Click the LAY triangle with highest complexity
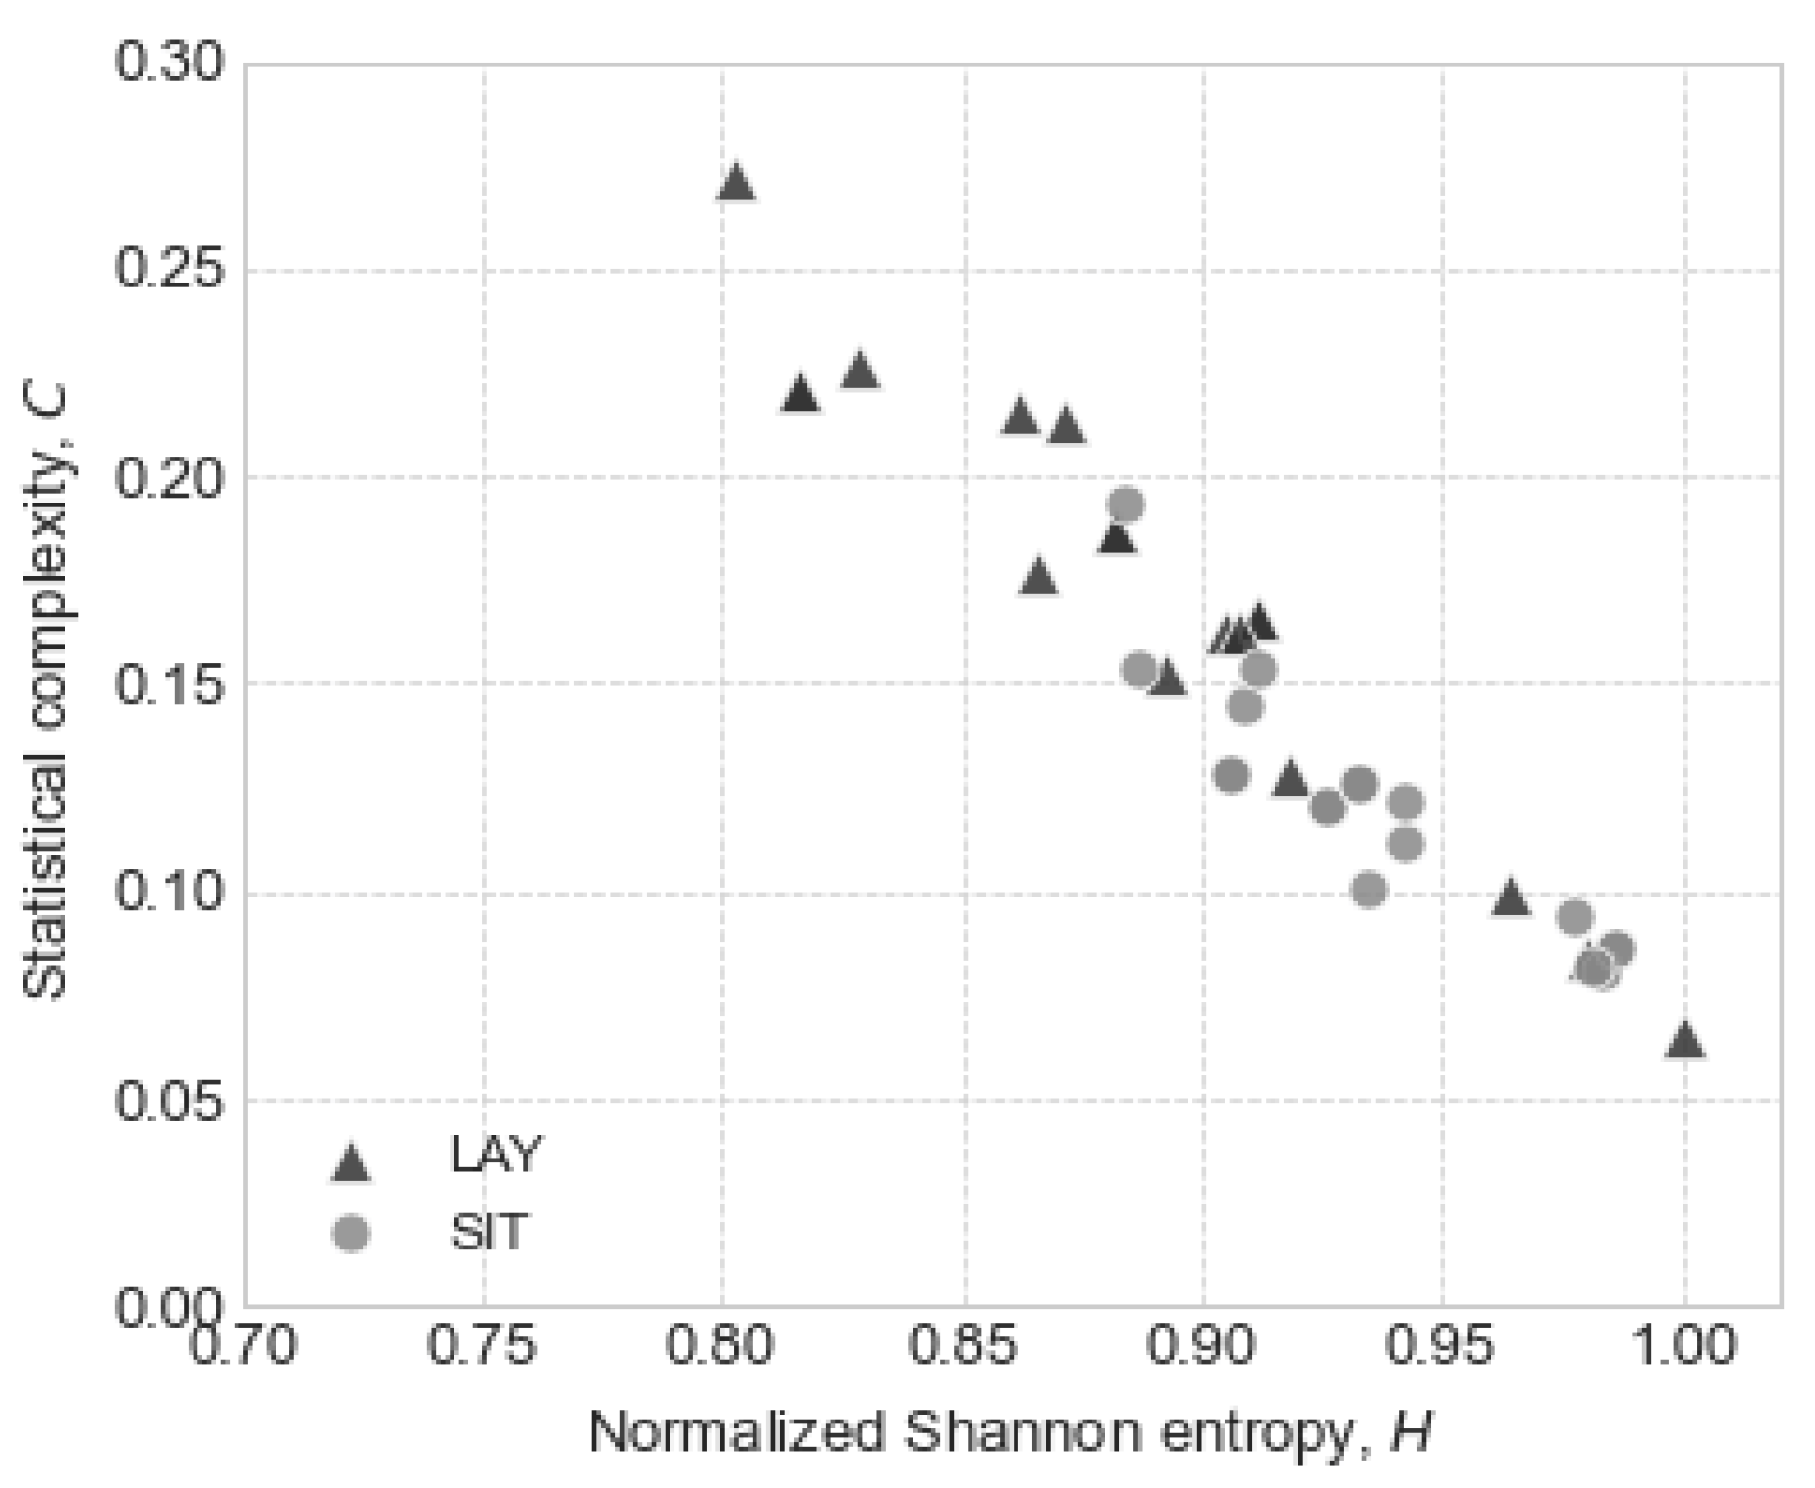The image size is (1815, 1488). point(736,183)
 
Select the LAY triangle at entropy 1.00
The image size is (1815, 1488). point(1684,1040)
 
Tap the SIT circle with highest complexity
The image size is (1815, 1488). point(1126,504)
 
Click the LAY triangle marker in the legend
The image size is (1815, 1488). point(350,1163)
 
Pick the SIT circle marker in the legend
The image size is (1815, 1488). point(350,1233)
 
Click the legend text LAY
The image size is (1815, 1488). point(495,1156)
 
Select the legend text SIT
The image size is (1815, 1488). point(489,1232)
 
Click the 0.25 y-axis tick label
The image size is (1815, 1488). point(169,270)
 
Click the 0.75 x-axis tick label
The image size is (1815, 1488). point(482,1345)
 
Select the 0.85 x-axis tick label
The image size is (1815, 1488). point(964,1345)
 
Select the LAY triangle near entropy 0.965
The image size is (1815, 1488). point(1510,897)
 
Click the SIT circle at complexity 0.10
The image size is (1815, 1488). point(1368,889)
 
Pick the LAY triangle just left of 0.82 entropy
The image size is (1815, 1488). point(800,394)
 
